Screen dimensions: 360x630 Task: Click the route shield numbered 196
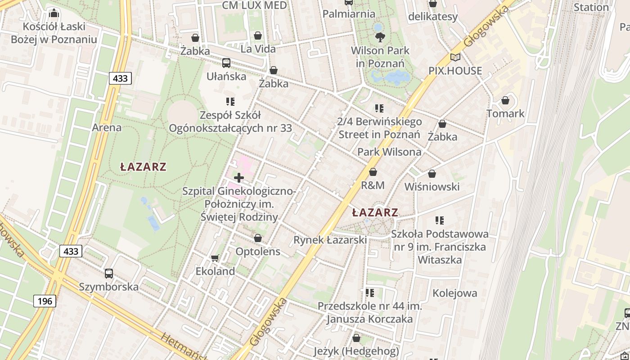pos(45,301)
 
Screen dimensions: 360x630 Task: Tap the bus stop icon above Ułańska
pos(226,63)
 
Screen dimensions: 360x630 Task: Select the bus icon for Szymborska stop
pos(109,273)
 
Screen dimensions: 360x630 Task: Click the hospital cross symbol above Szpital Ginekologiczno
pos(239,178)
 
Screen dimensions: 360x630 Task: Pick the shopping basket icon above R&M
pos(373,172)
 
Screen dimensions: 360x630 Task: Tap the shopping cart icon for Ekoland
pos(215,258)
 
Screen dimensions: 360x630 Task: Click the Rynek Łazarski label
pos(330,240)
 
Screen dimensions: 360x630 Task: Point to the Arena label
pos(107,127)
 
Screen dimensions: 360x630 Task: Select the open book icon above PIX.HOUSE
pos(455,57)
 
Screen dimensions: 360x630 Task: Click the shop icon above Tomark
pos(505,100)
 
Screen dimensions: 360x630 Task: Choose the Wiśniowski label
pos(432,187)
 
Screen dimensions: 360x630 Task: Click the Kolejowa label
pos(454,293)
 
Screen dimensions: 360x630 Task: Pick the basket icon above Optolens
pos(258,238)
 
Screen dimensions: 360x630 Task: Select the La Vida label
pos(258,49)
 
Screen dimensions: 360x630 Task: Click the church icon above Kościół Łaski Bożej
pos(54,13)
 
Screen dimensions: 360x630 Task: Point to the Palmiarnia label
pos(349,14)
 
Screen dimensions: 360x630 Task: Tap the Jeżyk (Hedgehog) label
pos(356,351)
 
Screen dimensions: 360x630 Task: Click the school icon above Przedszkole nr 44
pos(370,293)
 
